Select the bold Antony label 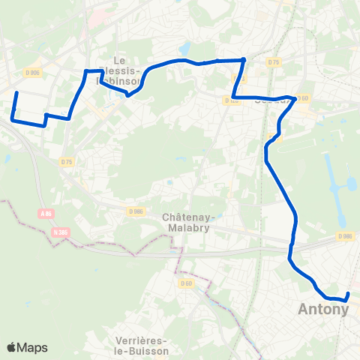pos(323,308)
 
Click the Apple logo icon pos(12,347)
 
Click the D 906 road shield pos(31,73)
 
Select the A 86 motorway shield pos(46,214)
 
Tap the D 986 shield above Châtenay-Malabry pos(136,211)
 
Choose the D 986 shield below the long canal pos(344,236)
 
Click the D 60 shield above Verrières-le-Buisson pos(186,283)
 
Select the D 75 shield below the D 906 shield pos(66,161)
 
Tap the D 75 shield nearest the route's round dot pos(273,62)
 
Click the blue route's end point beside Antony pos(348,294)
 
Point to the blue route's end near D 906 pos(16,93)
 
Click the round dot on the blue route pos(243,59)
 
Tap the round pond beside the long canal pos(351,183)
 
